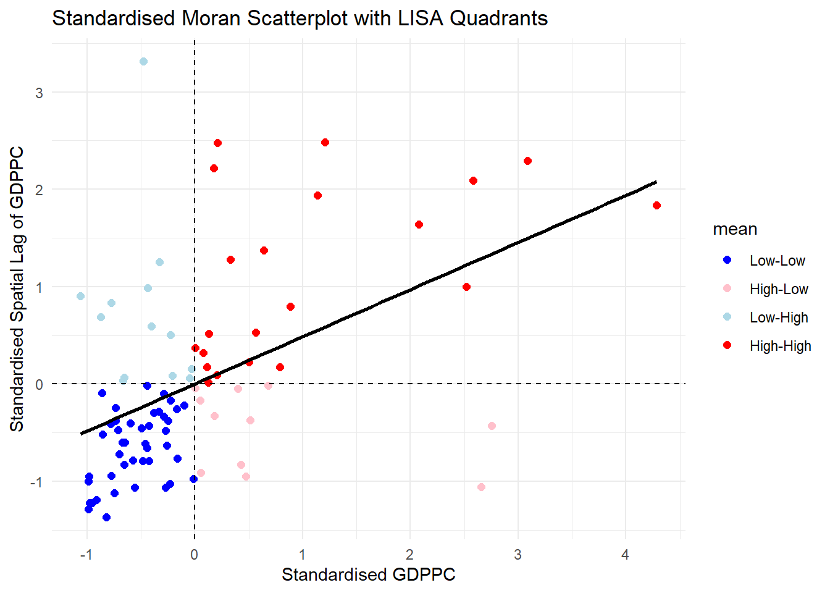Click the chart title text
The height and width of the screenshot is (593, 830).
(x=300, y=18)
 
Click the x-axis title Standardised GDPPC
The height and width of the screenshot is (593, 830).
(x=368, y=574)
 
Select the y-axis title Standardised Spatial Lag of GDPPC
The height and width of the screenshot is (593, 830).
(x=17, y=288)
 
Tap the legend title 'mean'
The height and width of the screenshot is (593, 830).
(x=734, y=229)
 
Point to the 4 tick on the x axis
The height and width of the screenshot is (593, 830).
(x=625, y=555)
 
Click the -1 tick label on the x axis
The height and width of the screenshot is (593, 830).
(x=86, y=555)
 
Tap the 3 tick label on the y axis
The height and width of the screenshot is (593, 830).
(x=40, y=93)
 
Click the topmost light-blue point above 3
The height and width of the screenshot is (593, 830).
(x=143, y=62)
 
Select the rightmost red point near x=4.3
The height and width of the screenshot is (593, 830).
(x=656, y=206)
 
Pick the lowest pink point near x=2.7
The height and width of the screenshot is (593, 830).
(x=481, y=487)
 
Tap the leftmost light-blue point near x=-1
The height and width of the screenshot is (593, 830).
(x=80, y=296)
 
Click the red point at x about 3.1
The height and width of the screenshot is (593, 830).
(x=527, y=161)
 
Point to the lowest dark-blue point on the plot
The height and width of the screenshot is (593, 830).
(x=106, y=517)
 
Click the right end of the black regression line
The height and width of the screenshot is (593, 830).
(x=656, y=182)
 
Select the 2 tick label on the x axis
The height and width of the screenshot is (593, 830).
(x=409, y=555)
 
